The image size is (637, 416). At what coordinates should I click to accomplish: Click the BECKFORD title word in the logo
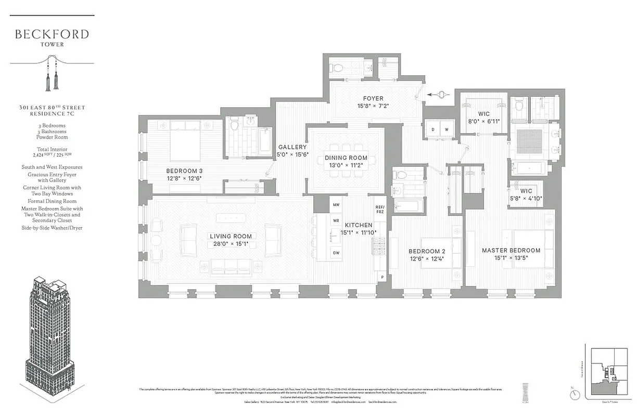pos(52,34)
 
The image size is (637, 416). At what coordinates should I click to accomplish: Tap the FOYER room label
pos(373,98)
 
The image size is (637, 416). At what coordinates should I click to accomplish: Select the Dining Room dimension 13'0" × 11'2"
pos(346,165)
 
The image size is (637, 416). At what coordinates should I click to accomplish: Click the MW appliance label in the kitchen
pos(336,205)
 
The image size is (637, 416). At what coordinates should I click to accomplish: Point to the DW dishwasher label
pos(336,253)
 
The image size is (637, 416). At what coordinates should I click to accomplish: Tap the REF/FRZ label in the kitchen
pos(380,210)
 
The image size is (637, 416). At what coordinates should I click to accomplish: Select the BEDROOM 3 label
pos(184,171)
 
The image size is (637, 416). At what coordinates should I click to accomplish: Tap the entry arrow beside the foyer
pos(436,95)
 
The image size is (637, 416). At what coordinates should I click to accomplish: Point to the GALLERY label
pos(292,147)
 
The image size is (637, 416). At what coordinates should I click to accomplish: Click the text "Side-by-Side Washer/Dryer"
pos(52,228)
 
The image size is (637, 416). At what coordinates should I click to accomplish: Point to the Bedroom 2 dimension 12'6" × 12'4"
pos(427,258)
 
